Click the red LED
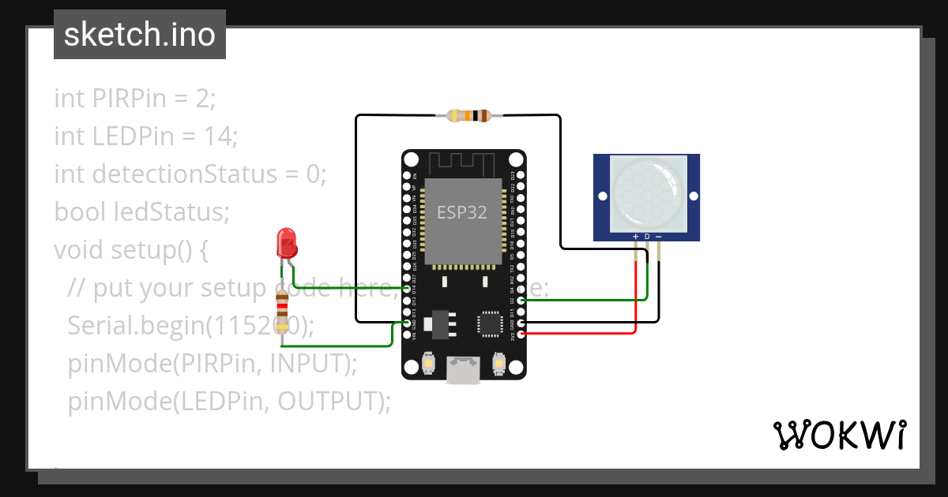(287, 242)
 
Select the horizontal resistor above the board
(470, 116)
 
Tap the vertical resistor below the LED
(282, 311)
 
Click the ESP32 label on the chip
(462, 212)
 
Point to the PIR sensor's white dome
(646, 189)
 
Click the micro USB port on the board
(463, 370)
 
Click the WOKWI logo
(838, 435)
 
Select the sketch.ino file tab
(140, 35)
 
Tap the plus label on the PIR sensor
(635, 237)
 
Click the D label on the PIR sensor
(647, 237)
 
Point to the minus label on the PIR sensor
(659, 237)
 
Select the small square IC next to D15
(490, 324)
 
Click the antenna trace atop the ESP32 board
(463, 163)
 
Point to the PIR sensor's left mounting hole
(601, 196)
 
